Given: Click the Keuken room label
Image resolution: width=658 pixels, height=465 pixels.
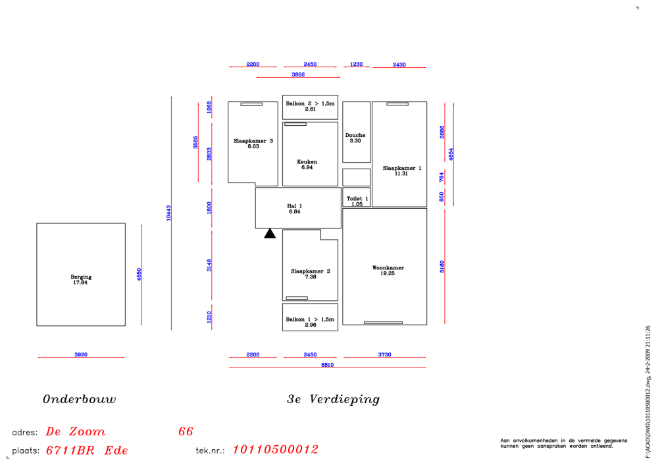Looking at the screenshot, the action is (307, 162).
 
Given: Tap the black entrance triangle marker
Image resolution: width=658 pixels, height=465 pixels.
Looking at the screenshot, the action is (270, 234).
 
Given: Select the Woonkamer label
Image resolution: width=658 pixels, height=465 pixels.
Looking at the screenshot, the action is (388, 267).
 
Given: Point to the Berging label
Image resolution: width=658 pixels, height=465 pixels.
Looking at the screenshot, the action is (81, 277).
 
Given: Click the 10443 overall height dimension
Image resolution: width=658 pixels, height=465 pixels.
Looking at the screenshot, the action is (168, 213).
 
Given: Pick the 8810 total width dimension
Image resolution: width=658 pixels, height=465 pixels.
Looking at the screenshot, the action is (327, 365).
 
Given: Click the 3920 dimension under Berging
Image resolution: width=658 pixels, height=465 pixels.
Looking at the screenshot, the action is (81, 354).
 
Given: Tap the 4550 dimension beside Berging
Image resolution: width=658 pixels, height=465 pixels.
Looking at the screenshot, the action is (139, 274).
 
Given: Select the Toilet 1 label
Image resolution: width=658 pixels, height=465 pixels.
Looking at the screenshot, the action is (357, 199).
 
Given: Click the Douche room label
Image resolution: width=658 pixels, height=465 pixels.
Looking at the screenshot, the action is (355, 135).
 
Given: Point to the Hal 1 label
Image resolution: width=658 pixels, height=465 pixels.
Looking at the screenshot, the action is (295, 206).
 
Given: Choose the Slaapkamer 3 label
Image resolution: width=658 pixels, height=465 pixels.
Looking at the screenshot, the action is (253, 141).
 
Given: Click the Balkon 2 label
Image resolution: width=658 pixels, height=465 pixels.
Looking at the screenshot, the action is (310, 103).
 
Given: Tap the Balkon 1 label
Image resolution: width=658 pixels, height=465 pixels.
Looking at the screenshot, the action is (310, 319).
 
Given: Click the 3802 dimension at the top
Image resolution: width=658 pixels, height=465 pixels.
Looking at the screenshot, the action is (298, 74).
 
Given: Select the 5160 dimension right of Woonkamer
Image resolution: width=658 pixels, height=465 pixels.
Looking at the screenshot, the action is (442, 266).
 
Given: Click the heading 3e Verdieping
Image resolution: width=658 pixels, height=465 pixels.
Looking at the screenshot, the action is (333, 399).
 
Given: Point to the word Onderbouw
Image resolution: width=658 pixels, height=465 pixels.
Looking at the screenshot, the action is (80, 399).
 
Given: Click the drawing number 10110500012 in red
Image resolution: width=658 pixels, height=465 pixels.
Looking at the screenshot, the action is (275, 449).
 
